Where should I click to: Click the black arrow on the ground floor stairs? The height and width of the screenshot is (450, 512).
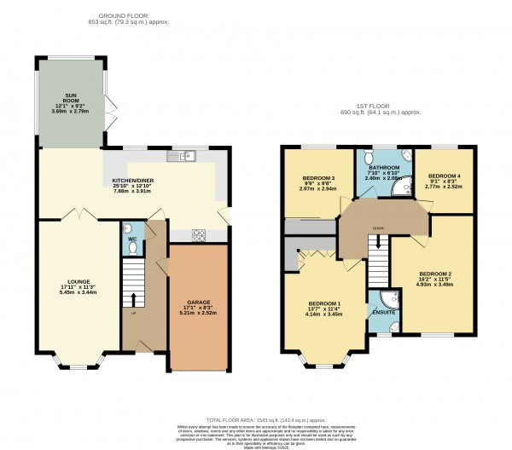coord(132,298)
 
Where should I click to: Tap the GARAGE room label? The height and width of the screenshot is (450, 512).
coord(199,303)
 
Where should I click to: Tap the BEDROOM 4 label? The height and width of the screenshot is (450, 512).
coord(444,170)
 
